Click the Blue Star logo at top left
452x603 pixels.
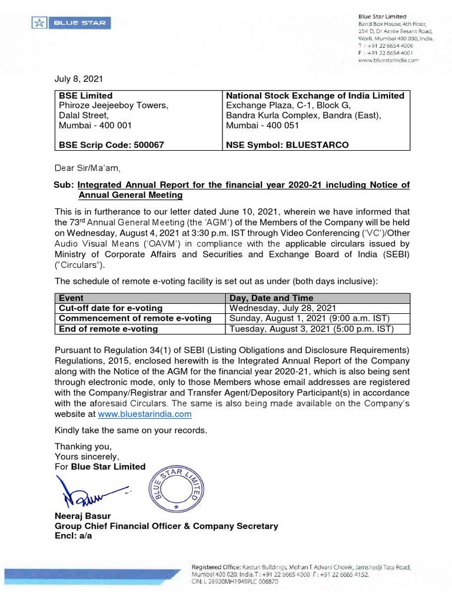70,24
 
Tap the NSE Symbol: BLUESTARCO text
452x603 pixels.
287,145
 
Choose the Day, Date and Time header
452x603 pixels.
271,298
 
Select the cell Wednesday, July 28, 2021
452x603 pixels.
282,308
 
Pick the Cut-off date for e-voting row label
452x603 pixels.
111,308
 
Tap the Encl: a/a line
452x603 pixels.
73,535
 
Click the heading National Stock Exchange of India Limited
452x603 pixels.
315,95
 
